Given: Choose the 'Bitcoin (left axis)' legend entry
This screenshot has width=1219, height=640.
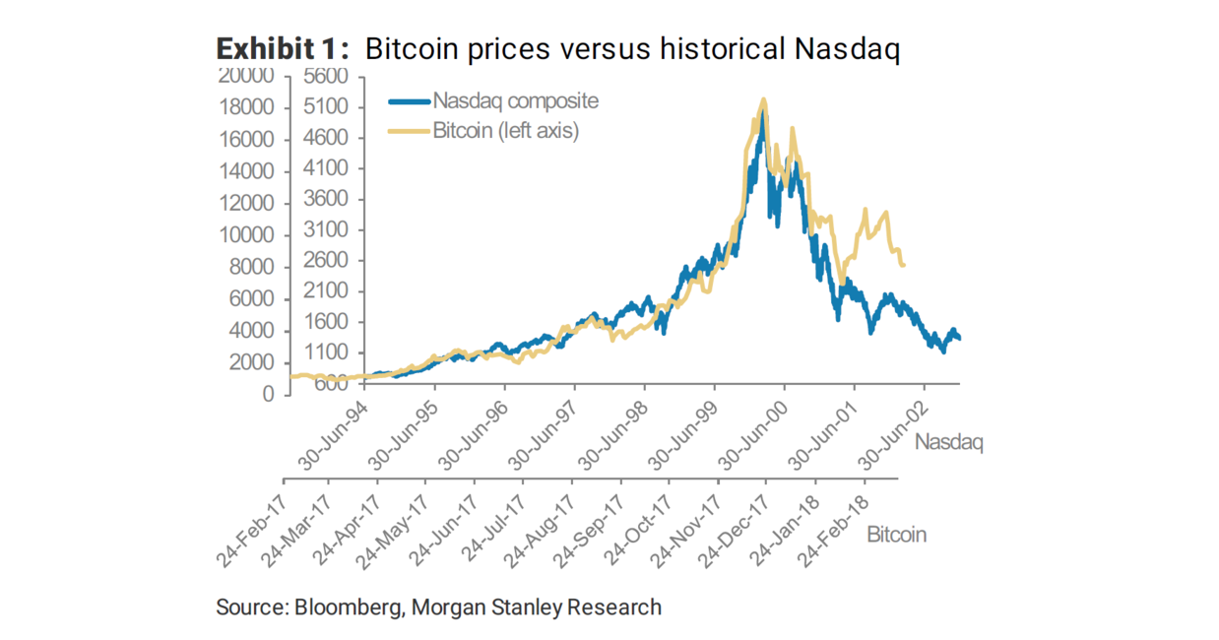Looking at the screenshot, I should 505,130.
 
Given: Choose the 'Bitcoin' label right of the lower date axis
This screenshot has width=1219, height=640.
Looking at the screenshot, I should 896,535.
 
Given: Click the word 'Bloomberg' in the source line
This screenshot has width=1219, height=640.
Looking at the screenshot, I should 349,607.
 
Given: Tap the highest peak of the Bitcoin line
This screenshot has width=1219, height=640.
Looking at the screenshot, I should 763,99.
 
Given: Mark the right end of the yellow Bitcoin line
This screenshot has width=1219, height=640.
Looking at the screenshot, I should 904,264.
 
